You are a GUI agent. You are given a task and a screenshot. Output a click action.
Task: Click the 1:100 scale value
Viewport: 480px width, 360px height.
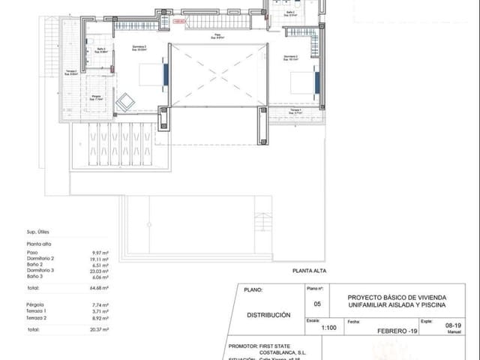tap(328, 327)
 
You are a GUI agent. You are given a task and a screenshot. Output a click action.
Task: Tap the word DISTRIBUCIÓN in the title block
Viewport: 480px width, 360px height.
tap(268, 315)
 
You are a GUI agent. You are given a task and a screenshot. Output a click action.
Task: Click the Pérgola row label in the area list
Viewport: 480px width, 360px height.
tap(34, 305)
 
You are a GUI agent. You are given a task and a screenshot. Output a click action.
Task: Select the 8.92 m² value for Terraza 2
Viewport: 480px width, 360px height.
tap(100, 317)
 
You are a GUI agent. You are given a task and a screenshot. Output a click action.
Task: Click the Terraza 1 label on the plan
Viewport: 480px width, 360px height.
tap(295, 110)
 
